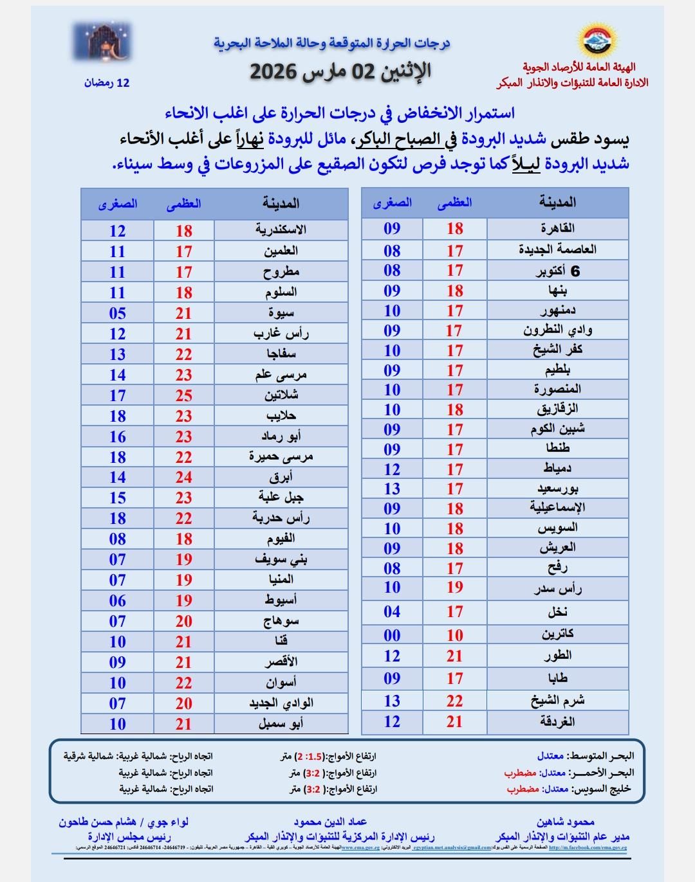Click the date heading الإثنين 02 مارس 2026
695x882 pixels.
[340, 71]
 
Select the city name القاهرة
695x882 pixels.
[557, 229]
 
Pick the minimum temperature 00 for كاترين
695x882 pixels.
[392, 635]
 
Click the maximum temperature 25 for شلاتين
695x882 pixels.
[184, 395]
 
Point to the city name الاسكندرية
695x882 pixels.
[281, 230]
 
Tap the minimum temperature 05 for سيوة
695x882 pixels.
[117, 313]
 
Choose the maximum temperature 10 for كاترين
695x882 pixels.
[455, 635]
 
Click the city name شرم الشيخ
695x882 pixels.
[557, 701]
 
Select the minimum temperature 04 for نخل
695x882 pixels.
[392, 611]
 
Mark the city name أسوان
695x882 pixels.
[281, 683]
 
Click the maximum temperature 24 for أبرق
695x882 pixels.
[184, 478]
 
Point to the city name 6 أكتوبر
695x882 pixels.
[557, 271]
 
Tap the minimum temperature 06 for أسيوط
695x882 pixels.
[117, 600]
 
